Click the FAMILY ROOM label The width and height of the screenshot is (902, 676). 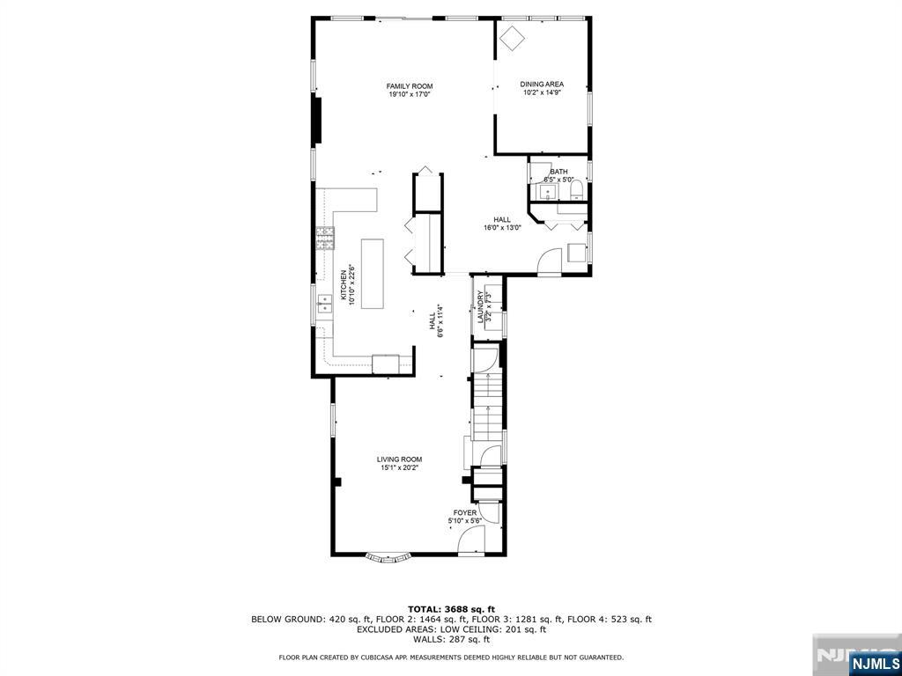click(410, 86)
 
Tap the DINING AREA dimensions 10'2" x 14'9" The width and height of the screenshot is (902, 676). click(542, 92)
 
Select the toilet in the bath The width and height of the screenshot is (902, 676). click(576, 190)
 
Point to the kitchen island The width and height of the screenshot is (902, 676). click(372, 273)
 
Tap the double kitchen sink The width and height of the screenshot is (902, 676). click(324, 305)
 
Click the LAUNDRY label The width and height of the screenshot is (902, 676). click(481, 307)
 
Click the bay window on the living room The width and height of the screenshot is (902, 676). click(388, 556)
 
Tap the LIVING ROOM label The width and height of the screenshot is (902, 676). click(400, 459)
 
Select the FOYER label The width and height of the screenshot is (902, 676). click(464, 513)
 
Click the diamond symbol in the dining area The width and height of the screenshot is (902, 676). click(513, 37)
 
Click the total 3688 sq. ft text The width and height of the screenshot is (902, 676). click(451, 609)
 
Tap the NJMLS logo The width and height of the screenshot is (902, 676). click(874, 662)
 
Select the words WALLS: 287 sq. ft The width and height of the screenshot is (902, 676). click(451, 640)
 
